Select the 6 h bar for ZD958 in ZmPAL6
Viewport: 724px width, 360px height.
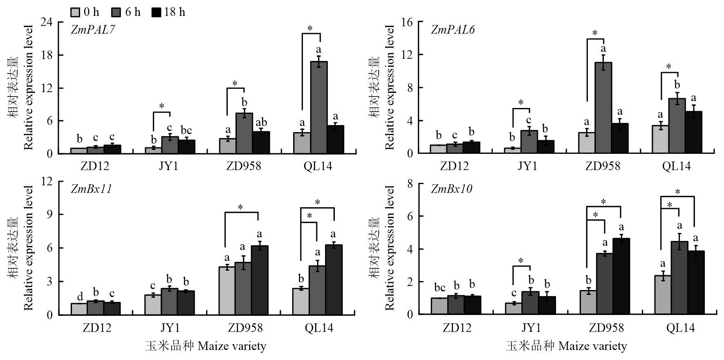tap(603, 108)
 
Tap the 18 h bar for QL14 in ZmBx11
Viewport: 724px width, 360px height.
tap(334, 280)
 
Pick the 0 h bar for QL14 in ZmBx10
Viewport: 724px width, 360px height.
tap(663, 295)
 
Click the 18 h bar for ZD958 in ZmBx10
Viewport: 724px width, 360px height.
tap(621, 277)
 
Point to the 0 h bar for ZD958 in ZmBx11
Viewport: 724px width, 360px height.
tap(227, 291)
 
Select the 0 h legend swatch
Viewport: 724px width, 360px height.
tap(75, 12)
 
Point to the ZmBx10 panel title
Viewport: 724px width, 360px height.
tap(451, 189)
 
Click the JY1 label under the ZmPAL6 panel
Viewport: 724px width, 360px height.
tap(528, 166)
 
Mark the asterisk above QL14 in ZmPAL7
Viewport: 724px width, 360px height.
tap(310, 29)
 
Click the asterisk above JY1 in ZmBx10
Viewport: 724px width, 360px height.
tap(521, 261)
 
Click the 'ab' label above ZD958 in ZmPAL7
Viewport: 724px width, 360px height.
tap(261, 122)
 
